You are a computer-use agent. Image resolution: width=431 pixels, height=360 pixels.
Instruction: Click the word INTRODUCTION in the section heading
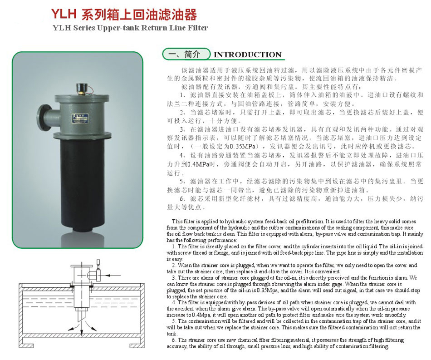pyautogui.click(x=247, y=55)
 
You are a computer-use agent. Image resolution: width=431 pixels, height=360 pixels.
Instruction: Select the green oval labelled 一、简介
pyautogui.click(x=186, y=54)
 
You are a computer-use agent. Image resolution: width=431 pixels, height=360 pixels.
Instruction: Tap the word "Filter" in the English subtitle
pyautogui.click(x=198, y=28)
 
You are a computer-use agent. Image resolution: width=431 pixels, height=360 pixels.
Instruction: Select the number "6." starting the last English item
pyautogui.click(x=174, y=340)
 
